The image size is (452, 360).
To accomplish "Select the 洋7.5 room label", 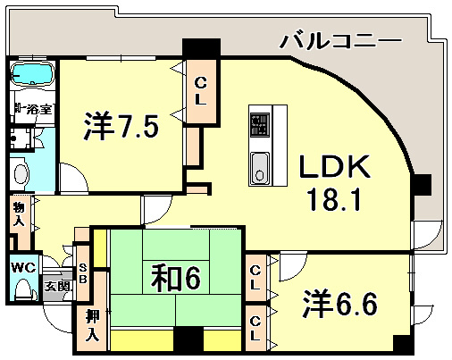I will [122, 128].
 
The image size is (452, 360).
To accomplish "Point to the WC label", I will [23, 267].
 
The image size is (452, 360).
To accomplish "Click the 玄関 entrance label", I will [59, 287].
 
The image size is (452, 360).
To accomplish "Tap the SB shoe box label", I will [81, 272].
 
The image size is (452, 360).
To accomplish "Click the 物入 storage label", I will [18, 215].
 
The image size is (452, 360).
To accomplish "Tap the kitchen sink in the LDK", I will [259, 166].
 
